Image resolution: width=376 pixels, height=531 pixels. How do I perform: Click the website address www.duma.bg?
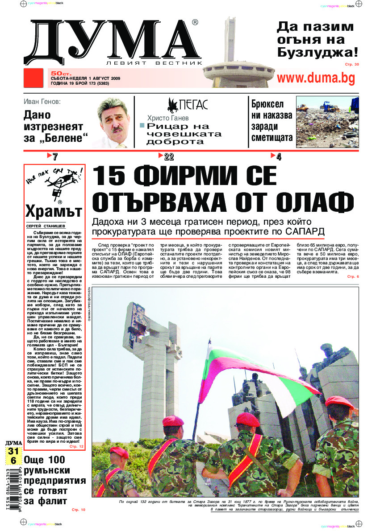[x=316, y=78]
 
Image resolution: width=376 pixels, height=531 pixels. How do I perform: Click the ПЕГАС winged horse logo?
[x=172, y=105]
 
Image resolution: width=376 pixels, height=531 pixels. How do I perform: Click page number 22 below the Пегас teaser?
[x=168, y=156]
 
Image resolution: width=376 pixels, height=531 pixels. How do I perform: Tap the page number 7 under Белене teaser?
[x=55, y=156]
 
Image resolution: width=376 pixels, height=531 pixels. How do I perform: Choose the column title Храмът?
[x=54, y=210]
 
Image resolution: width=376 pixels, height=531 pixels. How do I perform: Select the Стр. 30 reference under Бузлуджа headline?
[x=351, y=65]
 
